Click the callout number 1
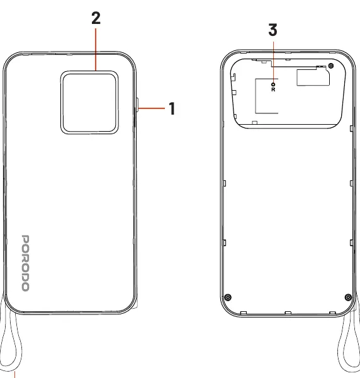coord(172,108)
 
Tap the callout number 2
coord(96,18)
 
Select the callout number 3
coord(273,30)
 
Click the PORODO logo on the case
coord(26,263)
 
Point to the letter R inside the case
coord(273,89)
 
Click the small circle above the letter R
coord(273,84)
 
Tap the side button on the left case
coord(137,105)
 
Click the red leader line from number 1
coord(152,108)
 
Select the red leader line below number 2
coord(96,49)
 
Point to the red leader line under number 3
coord(273,62)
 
